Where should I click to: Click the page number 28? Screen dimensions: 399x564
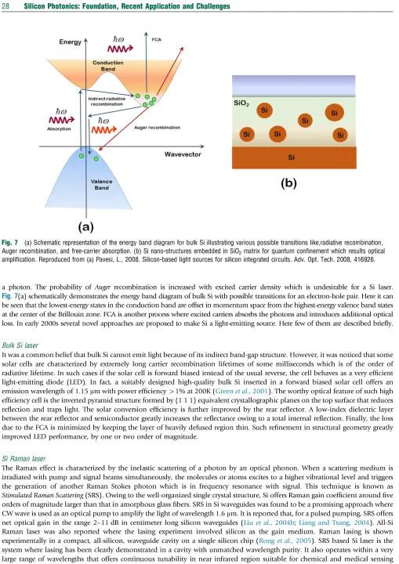click(5, 6)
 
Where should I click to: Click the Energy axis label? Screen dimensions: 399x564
click(71, 42)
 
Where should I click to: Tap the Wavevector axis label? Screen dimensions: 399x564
click(183, 154)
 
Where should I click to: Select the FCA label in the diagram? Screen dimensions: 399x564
click(156, 40)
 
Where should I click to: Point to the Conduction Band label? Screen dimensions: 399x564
click(108, 66)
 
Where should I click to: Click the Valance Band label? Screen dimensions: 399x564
click(102, 185)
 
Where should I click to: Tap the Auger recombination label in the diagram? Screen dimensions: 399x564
click(157, 128)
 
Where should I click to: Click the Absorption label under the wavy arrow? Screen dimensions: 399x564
click(59, 128)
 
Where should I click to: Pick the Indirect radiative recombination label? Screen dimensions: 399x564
click(107, 101)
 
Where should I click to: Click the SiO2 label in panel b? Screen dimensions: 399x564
click(241, 103)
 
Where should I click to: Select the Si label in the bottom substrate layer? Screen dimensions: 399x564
click(292, 157)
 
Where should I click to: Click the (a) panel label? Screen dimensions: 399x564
click(85, 227)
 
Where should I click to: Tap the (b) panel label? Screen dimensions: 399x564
click(288, 183)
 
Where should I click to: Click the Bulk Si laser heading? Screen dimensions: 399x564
click(20, 345)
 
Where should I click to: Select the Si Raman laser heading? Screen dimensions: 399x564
click(24, 458)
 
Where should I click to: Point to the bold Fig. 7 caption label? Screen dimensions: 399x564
click(9, 242)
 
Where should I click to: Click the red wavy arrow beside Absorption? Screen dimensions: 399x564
click(62, 120)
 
